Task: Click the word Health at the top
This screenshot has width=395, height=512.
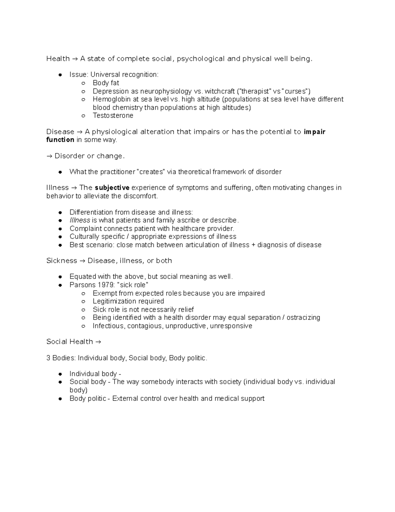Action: (x=58, y=59)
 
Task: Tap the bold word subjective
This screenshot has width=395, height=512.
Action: (x=112, y=188)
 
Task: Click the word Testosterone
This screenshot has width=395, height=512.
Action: (x=113, y=115)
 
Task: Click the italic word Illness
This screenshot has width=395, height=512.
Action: (x=80, y=220)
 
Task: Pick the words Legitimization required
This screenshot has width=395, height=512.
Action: (x=128, y=301)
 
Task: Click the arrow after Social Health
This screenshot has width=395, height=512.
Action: (x=98, y=342)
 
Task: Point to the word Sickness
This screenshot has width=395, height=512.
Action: (x=62, y=260)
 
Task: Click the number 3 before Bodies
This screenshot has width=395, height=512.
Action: (x=48, y=358)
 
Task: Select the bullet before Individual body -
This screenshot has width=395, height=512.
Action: (x=60, y=374)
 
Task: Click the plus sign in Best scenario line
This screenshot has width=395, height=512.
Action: (x=253, y=245)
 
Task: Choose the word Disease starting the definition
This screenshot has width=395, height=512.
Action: (x=60, y=132)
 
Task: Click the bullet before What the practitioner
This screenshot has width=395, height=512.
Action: (x=60, y=172)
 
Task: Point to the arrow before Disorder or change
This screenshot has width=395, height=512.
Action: (x=49, y=156)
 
